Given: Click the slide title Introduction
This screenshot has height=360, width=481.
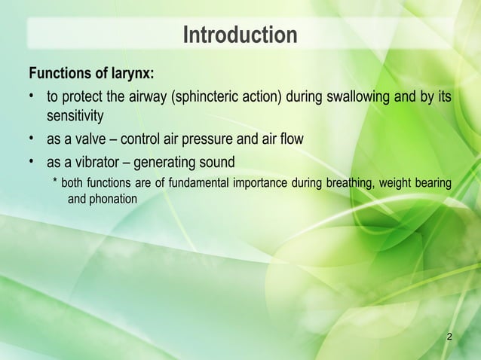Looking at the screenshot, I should tap(240, 35).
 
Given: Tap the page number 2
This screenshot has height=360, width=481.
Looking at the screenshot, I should tap(449, 335).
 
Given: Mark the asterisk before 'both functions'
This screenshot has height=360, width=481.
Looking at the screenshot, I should tap(55, 183).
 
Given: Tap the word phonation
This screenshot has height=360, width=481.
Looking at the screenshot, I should tap(113, 199).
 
